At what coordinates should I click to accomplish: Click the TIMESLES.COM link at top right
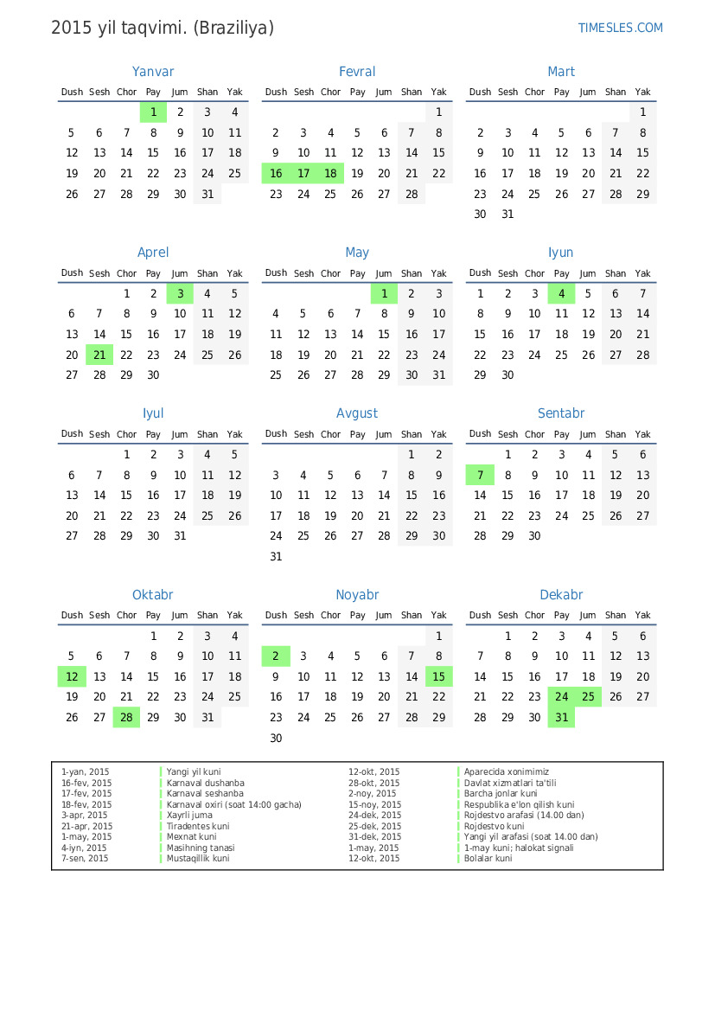click(620, 28)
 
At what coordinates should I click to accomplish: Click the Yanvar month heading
click(153, 72)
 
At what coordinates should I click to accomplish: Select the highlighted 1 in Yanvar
click(153, 112)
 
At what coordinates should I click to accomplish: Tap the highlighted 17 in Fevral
click(303, 173)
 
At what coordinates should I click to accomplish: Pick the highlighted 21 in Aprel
click(99, 355)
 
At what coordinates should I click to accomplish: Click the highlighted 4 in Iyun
click(561, 293)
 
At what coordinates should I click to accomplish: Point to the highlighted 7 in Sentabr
click(480, 475)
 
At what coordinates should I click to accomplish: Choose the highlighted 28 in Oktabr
click(126, 717)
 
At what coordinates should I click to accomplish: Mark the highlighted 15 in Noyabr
click(439, 677)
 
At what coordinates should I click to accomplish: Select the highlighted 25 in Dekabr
click(588, 697)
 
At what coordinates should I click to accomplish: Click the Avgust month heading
click(357, 413)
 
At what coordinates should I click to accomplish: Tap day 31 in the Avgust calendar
click(276, 557)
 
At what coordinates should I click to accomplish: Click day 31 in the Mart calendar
click(508, 214)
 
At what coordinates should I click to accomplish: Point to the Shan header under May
click(412, 273)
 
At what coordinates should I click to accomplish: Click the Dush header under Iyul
click(72, 434)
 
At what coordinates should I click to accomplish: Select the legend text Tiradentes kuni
click(198, 826)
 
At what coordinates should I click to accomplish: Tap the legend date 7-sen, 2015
click(85, 859)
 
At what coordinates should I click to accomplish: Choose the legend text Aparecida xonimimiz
click(506, 771)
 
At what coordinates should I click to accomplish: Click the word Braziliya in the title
click(233, 28)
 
